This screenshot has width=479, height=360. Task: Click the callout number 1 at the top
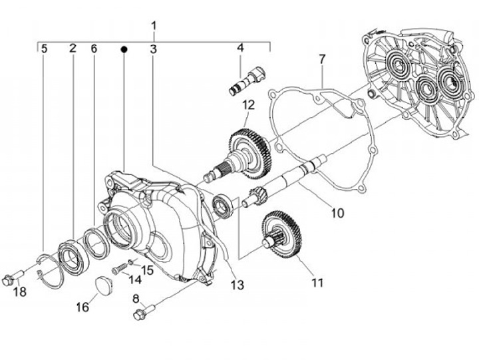coord(154,26)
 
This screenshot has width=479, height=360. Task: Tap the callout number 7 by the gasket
coord(322,59)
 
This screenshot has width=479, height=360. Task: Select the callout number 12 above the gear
coord(248,105)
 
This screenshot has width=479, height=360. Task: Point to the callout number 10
coord(337,213)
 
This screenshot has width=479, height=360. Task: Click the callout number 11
coord(317,283)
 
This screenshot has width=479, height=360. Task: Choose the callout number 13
coord(238,285)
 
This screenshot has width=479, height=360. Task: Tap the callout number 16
coord(82,307)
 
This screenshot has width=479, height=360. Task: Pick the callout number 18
coord(20,292)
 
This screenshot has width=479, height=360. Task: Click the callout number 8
coord(136,299)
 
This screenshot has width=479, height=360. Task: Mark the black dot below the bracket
coord(124,49)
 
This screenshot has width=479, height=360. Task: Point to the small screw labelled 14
coord(119,269)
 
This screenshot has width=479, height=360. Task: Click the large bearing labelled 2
coord(74,254)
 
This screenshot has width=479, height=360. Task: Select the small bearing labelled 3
coord(223,208)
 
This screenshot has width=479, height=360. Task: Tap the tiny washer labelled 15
coord(130,262)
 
